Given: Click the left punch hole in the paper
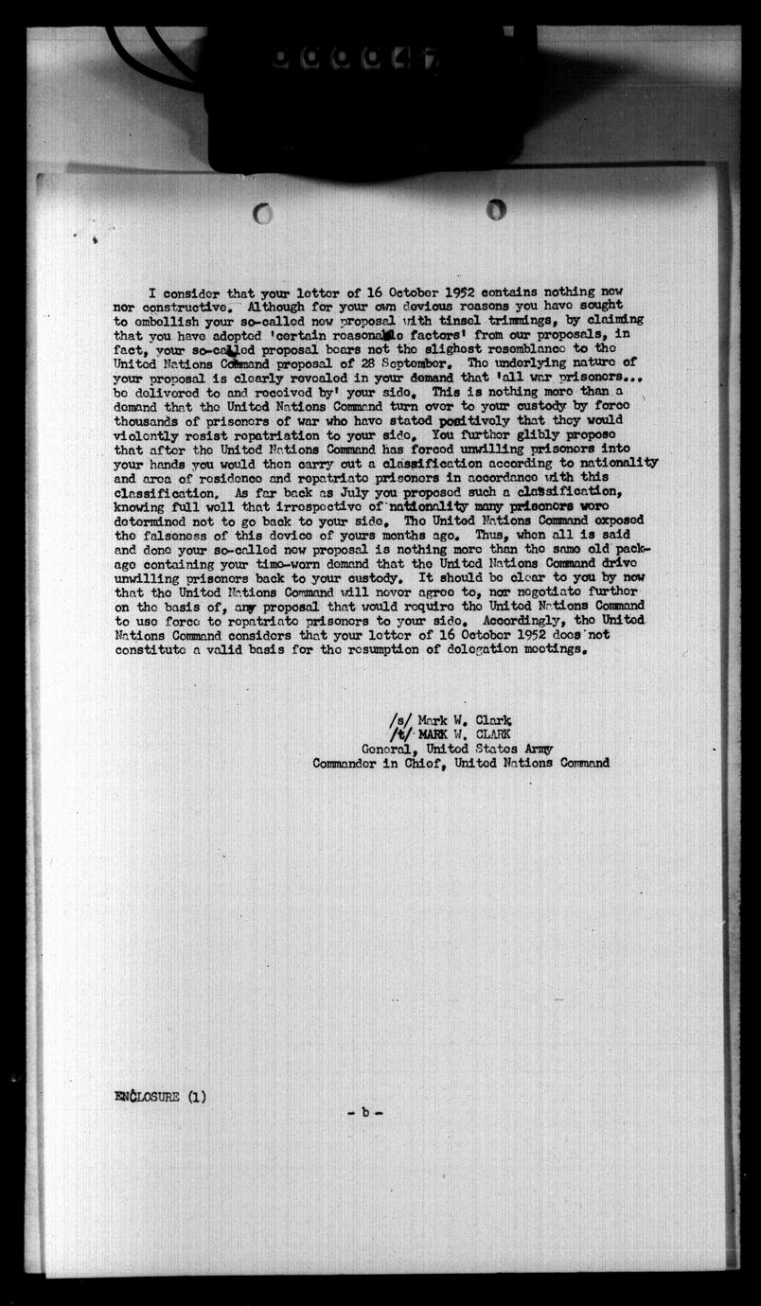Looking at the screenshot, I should (x=262, y=213).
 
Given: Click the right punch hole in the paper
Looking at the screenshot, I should (x=496, y=209).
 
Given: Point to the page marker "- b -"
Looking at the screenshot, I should (x=364, y=1112).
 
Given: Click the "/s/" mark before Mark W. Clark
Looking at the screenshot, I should (x=399, y=718).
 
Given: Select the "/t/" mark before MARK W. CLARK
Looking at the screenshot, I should (x=399, y=733).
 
